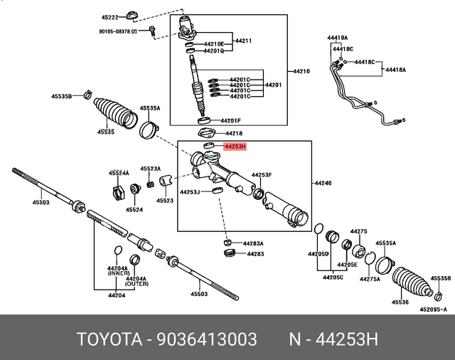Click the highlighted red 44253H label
234,147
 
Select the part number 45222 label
110,16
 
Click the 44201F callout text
230,121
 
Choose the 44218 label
233,133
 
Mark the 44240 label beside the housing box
323,183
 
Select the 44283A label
254,243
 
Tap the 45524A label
119,173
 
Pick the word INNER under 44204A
118,273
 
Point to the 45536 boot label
400,303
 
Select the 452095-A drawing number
433,309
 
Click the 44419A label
338,37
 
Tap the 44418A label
395,70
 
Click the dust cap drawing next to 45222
131,15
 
